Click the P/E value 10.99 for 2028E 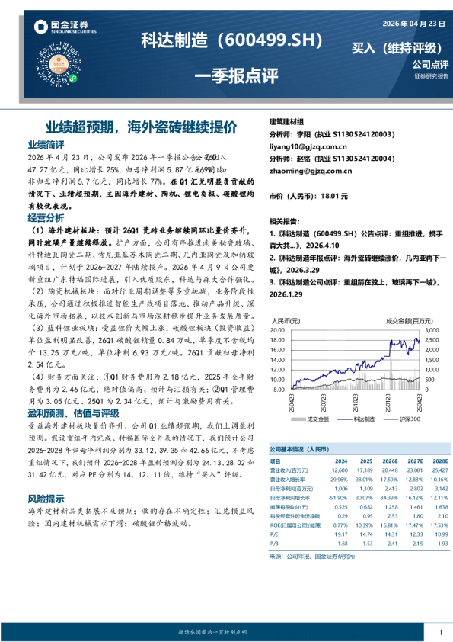coord(437,534)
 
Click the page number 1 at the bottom coord(441,633)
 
